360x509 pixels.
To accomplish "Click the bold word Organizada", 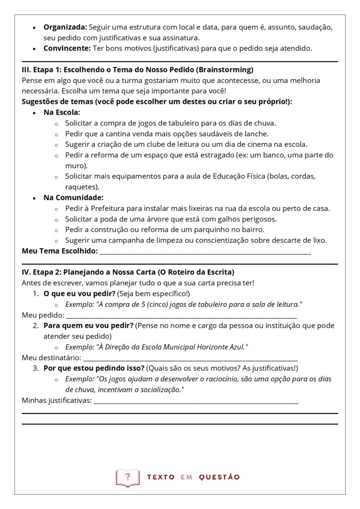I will [x=65, y=27].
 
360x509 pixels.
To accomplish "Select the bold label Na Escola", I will [x=62, y=112].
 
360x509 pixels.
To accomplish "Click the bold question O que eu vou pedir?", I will [x=79, y=294].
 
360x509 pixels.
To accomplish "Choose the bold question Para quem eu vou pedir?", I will [x=88, y=326].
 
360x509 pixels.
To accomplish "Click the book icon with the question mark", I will [x=127, y=478].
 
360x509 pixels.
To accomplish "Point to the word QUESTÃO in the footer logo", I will [x=219, y=477].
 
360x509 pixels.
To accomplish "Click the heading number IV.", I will [x=26, y=272].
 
